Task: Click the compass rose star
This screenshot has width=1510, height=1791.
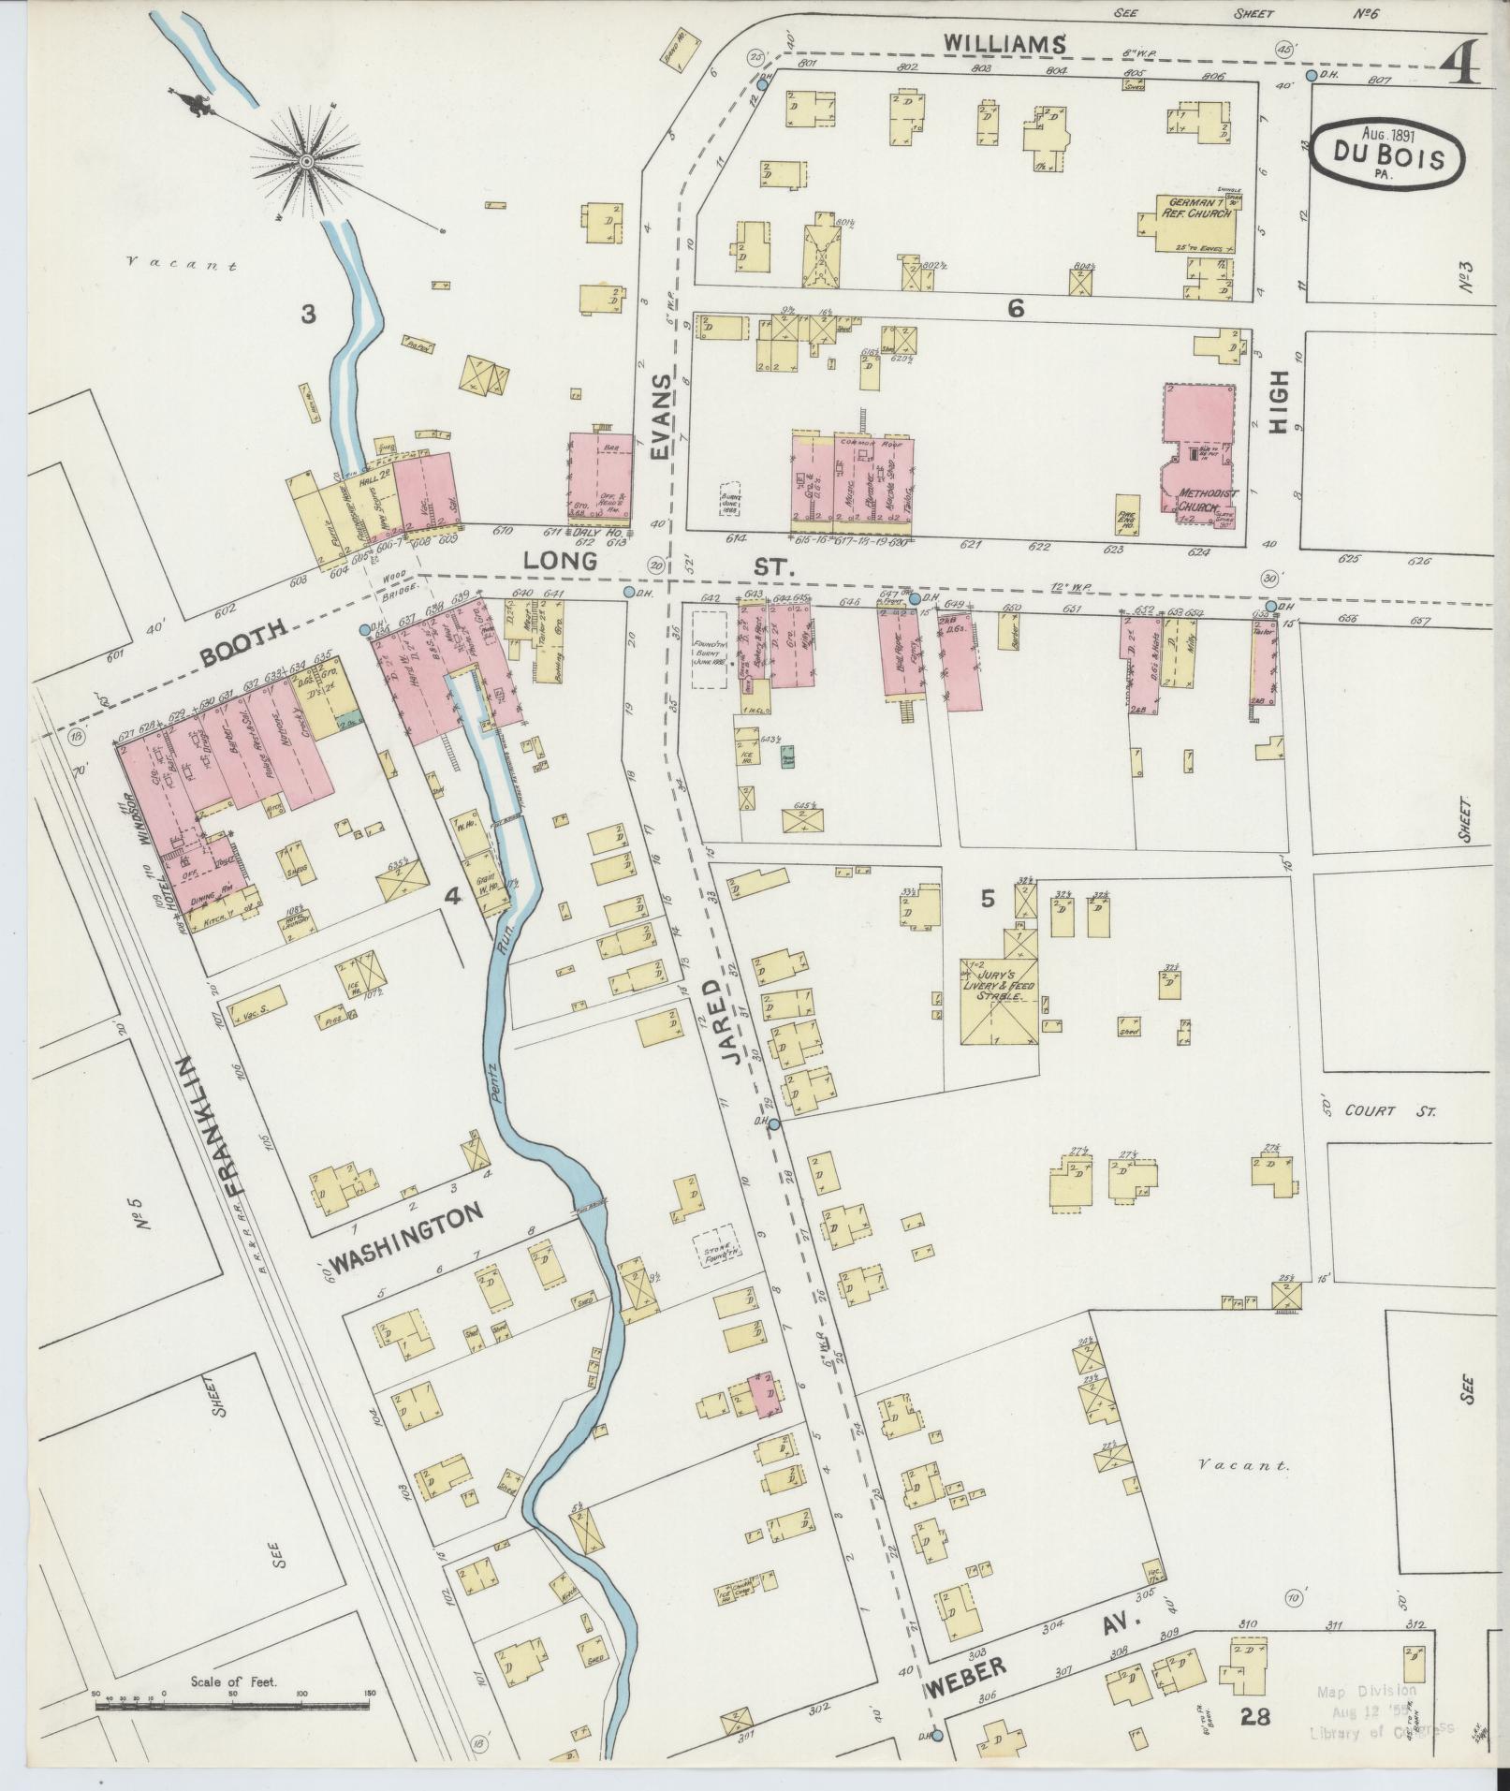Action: point(306,163)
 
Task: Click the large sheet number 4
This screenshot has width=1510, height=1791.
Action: point(1459,65)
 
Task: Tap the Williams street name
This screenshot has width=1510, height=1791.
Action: point(1004,42)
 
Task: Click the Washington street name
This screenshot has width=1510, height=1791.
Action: point(409,1238)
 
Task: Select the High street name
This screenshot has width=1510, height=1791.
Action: point(1280,402)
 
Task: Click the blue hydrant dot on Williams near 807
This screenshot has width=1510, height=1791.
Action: point(1312,76)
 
